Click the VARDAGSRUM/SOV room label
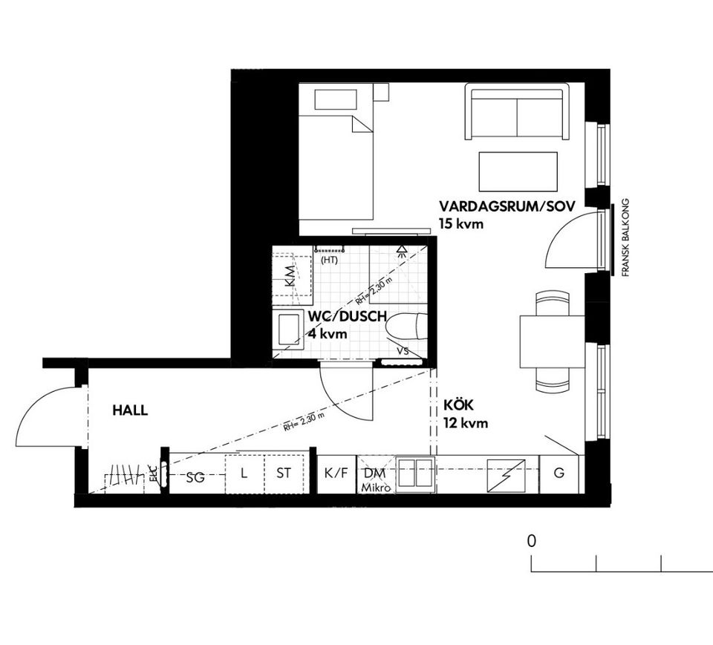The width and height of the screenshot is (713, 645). point(507,206)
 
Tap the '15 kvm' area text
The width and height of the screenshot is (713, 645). point(461,223)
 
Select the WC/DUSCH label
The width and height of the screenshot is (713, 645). point(347,317)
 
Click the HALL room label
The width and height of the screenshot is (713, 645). point(130,410)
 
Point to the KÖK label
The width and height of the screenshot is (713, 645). point(458,407)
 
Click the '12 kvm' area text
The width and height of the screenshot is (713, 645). point(466,424)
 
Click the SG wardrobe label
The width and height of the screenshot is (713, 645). point(195,477)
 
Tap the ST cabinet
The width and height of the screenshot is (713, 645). point(284,473)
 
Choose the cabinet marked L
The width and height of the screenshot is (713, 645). point(244,473)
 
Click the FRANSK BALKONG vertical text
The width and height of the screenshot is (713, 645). point(625,238)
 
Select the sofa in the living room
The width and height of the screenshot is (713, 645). point(517,113)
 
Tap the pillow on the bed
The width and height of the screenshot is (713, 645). point(336,99)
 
